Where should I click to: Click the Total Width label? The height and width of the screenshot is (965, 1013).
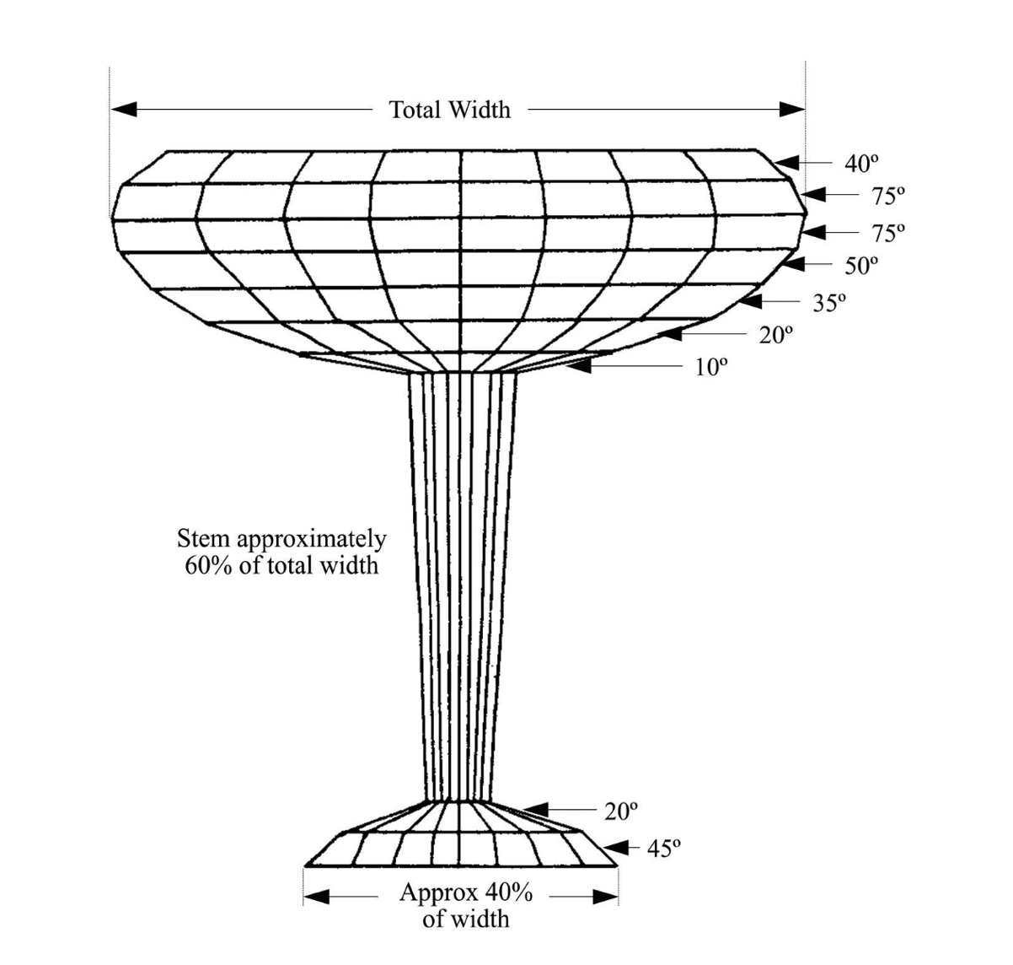[449, 110]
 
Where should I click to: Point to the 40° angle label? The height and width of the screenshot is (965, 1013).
[860, 164]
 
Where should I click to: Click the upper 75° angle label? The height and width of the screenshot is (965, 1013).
[888, 196]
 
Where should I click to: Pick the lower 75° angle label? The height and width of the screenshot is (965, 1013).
[888, 232]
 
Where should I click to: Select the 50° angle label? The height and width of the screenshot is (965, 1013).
[861, 265]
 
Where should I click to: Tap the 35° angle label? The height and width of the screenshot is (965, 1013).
[829, 302]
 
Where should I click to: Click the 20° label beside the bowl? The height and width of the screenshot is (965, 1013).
[776, 335]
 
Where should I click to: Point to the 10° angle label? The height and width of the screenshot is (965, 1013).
[710, 367]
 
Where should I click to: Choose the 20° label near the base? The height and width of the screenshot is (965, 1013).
[621, 811]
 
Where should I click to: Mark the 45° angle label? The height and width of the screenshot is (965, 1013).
[663, 848]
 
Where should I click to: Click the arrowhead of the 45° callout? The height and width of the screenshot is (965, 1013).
[616, 847]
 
